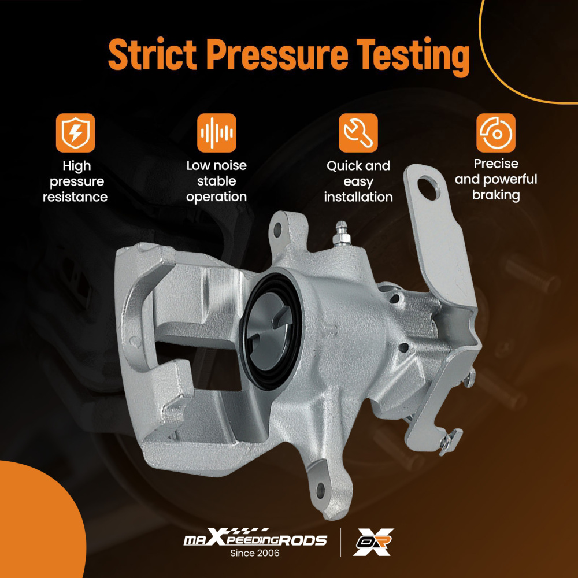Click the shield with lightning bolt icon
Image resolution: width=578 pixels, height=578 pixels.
pyautogui.click(x=75, y=133)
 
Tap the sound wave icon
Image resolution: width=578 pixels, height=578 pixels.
pyautogui.click(x=216, y=133)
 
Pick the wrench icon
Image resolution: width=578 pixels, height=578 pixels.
pyautogui.click(x=358, y=133)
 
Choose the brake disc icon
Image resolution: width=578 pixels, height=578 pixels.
pyautogui.click(x=496, y=133)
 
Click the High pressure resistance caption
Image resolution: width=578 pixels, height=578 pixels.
pyautogui.click(x=75, y=181)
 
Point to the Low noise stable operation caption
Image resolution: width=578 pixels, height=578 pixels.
pyautogui.click(x=216, y=181)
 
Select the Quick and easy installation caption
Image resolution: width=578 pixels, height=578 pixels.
pyautogui.click(x=358, y=181)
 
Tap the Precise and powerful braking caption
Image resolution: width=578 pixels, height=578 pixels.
pyautogui.click(x=496, y=180)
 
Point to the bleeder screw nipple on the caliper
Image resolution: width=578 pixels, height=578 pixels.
pyautogui.click(x=340, y=234)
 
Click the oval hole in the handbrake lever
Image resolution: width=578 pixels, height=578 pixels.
pyautogui.click(x=429, y=188)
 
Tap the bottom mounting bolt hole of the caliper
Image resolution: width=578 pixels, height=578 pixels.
pyautogui.click(x=321, y=490)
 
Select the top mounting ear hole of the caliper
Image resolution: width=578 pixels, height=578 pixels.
pyautogui.click(x=277, y=229)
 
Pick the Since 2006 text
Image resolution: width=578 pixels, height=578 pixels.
pyautogui.click(x=255, y=553)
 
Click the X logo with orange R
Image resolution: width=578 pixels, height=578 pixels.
pyautogui.click(x=373, y=542)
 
